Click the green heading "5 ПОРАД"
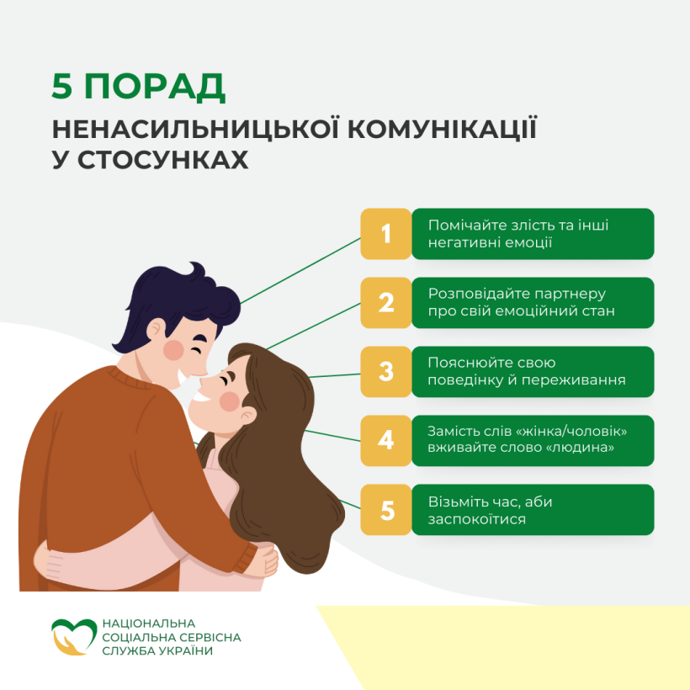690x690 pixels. coord(138,87)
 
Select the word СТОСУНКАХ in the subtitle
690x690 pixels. coord(162,160)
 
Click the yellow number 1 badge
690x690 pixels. coord(386,234)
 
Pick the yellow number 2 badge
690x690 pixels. coord(386,303)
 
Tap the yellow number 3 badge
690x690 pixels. coord(386,372)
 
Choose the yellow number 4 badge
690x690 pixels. coord(386,440)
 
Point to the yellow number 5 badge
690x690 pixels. coord(386,510)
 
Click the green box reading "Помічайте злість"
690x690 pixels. coord(533,234)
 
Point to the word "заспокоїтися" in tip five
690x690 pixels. coord(476,519)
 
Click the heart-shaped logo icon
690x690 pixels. coord(73,637)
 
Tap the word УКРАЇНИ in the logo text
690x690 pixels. coord(185,650)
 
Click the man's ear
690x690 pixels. coord(156,329)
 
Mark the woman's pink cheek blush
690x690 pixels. coord(229,401)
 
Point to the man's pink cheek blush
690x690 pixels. coord(173,350)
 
